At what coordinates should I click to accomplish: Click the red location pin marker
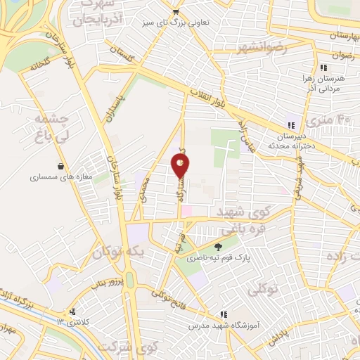click(180, 165)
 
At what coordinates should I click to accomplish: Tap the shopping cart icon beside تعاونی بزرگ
click(175, 12)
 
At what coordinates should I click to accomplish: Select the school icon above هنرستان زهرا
click(322, 68)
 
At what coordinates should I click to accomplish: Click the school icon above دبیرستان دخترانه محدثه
click(290, 124)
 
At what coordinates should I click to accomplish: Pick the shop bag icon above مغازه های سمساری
click(61, 167)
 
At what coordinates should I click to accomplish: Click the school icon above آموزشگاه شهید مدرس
click(224, 315)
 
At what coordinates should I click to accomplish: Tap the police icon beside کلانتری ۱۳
click(72, 312)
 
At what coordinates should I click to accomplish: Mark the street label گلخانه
click(42, 68)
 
